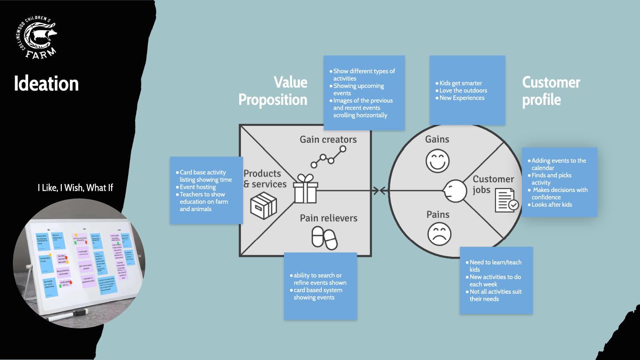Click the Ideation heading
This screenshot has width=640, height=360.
(x=46, y=84)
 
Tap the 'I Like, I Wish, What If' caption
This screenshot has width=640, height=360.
(x=75, y=188)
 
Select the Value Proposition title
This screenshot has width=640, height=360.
(x=273, y=91)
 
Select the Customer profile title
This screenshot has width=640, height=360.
(x=551, y=91)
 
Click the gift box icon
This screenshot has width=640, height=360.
(x=306, y=189)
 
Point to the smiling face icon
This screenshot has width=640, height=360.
(x=437, y=161)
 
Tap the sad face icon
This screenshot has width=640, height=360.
(x=439, y=234)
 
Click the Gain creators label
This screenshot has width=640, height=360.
(x=328, y=140)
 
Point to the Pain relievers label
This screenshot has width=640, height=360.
(x=328, y=218)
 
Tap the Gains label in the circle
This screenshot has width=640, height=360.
(x=437, y=139)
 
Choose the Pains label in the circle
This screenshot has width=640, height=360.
(x=438, y=215)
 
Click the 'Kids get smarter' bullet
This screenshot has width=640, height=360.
(x=460, y=83)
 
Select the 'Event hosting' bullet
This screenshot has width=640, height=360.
(x=197, y=187)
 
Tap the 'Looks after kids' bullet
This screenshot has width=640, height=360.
(x=552, y=204)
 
